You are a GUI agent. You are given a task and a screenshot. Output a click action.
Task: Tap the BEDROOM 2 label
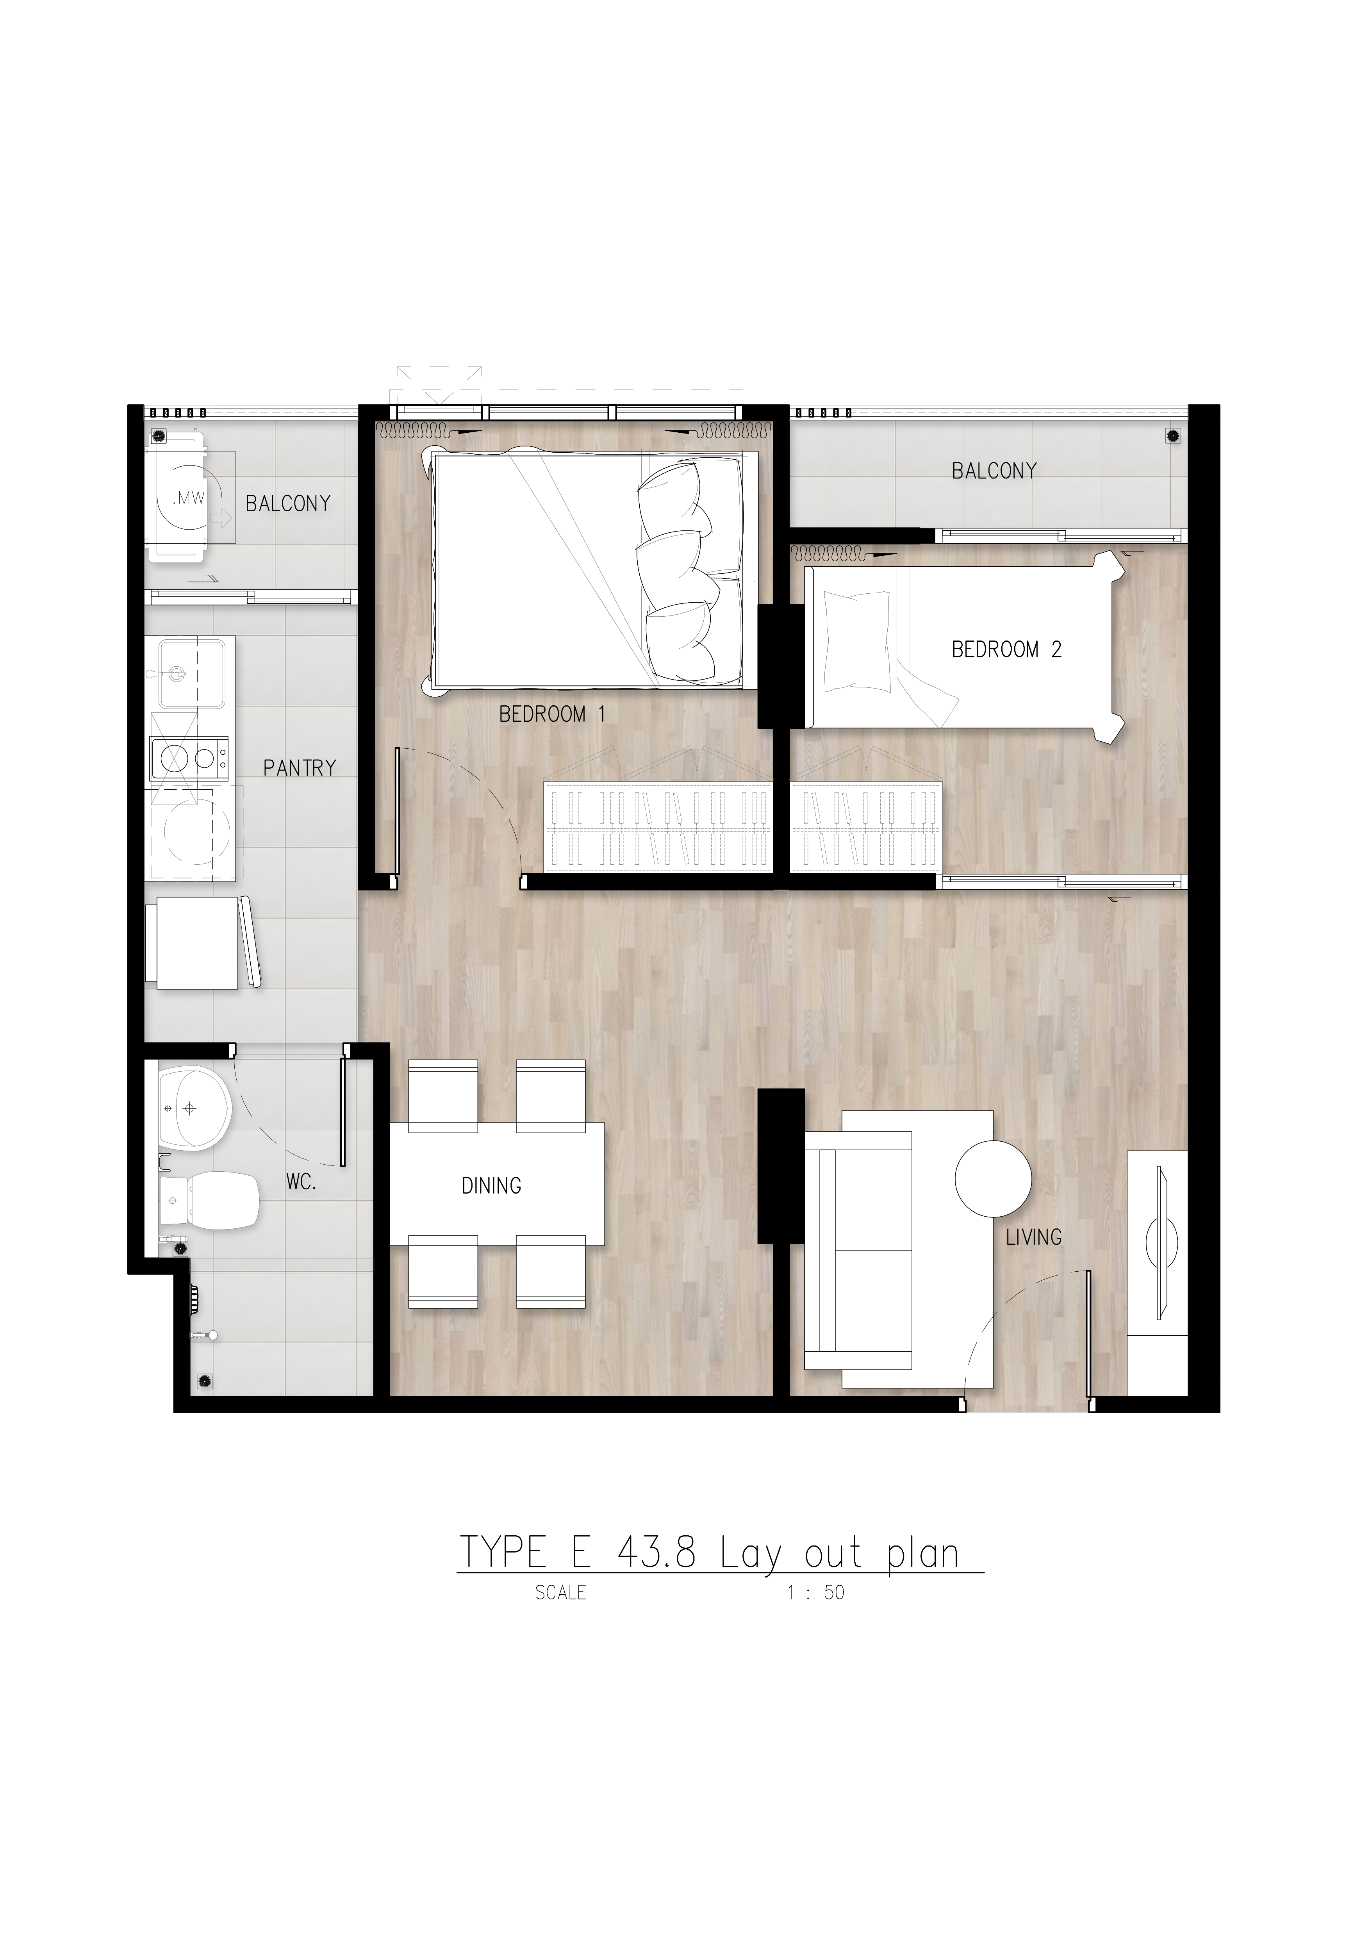click(x=1006, y=649)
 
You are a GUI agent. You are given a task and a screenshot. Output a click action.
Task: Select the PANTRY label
click(x=300, y=767)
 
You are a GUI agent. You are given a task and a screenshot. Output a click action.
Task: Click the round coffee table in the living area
click(x=994, y=1178)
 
